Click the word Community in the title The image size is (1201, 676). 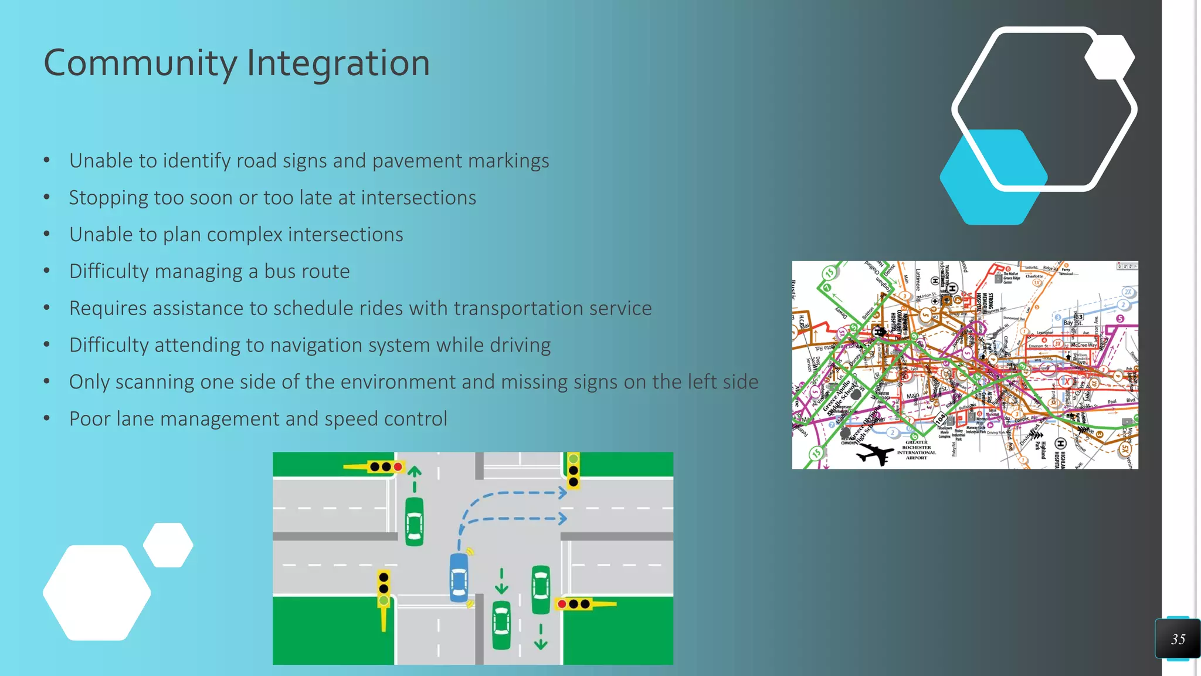(x=140, y=63)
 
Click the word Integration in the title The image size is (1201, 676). (x=338, y=63)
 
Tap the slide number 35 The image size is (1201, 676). (x=1178, y=639)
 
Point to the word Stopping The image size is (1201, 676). (x=108, y=198)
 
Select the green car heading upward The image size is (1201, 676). (x=414, y=521)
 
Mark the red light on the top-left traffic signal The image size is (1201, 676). (x=398, y=467)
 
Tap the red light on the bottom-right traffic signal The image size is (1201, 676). (x=562, y=604)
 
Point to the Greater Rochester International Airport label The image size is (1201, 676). (x=916, y=450)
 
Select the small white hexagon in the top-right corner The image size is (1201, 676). (x=1110, y=57)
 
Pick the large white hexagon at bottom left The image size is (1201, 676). (x=97, y=593)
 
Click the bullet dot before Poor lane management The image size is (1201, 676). (x=47, y=419)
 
